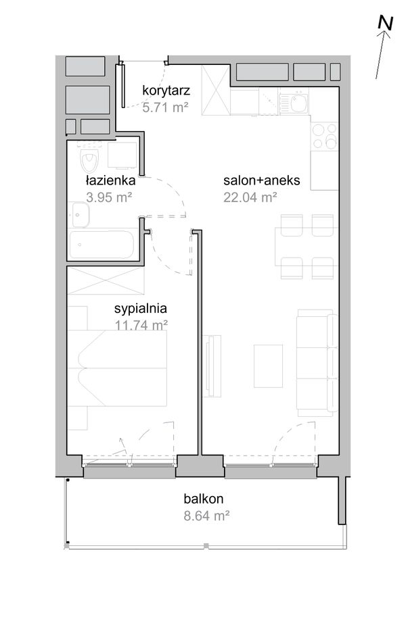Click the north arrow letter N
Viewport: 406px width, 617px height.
pos(385,23)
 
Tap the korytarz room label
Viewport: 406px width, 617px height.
pos(166,91)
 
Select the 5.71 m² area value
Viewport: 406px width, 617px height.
pos(165,107)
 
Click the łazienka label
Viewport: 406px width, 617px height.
pos(110,180)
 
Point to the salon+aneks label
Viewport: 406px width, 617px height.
pos(262,180)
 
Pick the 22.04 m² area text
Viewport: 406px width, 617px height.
pos(250,197)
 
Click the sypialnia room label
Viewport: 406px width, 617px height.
pos(141,309)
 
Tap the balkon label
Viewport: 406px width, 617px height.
pos(204,499)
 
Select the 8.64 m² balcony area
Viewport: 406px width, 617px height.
pos(206,516)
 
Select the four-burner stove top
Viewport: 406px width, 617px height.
pos(324,136)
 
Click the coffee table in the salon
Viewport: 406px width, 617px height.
pos(268,366)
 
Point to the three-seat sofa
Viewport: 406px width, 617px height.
pos(317,363)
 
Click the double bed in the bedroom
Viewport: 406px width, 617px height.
pos(117,368)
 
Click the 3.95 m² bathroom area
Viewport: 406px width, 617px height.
pos(109,197)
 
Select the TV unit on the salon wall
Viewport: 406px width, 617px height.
pos(212,366)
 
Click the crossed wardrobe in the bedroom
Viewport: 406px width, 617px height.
pos(106,280)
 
